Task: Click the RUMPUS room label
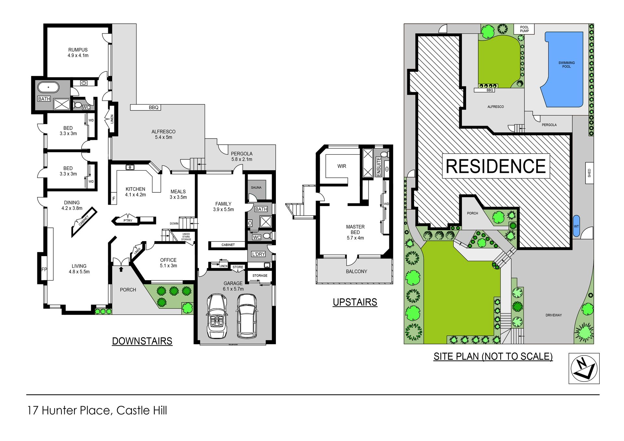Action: [x=78, y=50]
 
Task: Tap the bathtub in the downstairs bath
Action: [x=48, y=87]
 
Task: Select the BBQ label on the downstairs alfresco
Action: [x=153, y=108]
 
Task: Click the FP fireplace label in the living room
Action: [x=44, y=269]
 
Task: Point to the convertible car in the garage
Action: [x=217, y=316]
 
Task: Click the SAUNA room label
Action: [x=256, y=188]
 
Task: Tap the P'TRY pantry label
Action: [x=128, y=221]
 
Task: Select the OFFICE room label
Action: [x=168, y=260]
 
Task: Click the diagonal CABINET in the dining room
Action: [x=84, y=222]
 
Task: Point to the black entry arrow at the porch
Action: [x=121, y=269]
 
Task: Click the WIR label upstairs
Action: [x=342, y=166]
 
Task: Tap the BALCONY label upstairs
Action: [x=357, y=271]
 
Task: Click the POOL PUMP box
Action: [x=524, y=29]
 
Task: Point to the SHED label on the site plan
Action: [x=589, y=173]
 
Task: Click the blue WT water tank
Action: [x=576, y=226]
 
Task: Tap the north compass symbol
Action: [x=584, y=369]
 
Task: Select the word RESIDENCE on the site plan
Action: [x=496, y=166]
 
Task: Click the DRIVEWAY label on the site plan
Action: [x=553, y=315]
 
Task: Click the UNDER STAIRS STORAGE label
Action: [x=186, y=237]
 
